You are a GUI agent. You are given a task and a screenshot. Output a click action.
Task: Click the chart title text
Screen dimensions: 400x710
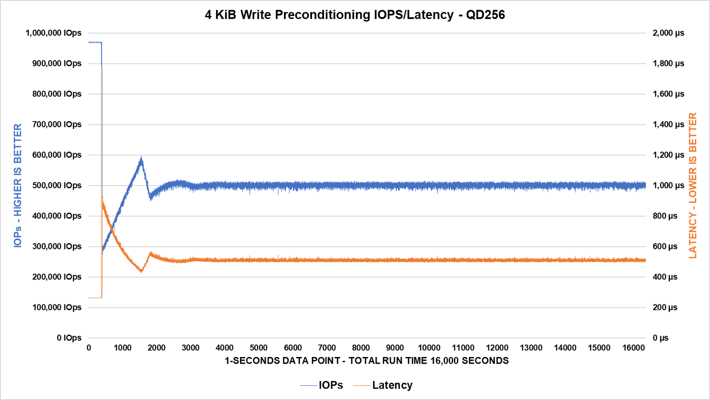tap(355, 15)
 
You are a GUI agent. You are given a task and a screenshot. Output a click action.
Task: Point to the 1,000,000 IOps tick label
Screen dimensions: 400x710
tap(53, 33)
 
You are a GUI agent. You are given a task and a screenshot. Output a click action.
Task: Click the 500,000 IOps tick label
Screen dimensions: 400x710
tap(56, 185)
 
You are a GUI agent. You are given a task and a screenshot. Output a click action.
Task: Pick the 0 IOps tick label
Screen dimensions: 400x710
tap(69, 338)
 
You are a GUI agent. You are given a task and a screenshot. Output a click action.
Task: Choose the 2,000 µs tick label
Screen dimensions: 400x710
tap(668, 33)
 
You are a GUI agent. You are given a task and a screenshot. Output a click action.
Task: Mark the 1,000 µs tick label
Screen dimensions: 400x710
tap(668, 185)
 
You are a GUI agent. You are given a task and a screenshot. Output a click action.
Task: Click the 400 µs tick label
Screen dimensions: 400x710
tap(665, 277)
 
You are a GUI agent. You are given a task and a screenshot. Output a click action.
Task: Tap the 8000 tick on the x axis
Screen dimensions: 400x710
tap(361, 348)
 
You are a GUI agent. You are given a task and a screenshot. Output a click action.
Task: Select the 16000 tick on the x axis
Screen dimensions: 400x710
tap(633, 348)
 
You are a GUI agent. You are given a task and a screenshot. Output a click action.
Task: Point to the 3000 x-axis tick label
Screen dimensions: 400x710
tap(190, 348)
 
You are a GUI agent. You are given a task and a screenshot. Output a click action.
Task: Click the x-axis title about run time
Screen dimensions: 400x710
tap(367, 361)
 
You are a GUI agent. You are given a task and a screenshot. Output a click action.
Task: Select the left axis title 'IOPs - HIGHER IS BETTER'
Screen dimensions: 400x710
tap(18, 185)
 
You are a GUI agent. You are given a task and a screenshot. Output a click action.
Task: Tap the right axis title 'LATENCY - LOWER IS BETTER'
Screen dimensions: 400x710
tap(693, 185)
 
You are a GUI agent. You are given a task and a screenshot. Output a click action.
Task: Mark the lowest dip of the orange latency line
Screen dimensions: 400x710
tap(95, 298)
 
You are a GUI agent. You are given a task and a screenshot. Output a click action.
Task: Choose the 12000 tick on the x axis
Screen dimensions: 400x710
tap(497, 348)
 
